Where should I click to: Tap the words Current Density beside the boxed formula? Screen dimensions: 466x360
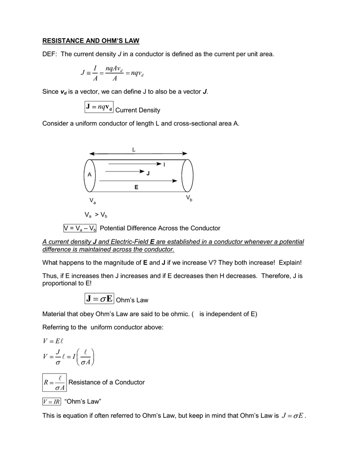tap(138, 110)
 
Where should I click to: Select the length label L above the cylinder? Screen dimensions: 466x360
tap(134, 150)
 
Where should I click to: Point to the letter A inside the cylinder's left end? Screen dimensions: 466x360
tap(90, 175)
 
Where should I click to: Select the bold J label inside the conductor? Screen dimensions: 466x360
tap(148, 173)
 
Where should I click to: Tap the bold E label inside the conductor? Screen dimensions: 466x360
tap(136, 187)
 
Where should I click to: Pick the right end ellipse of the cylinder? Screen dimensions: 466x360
tap(187, 176)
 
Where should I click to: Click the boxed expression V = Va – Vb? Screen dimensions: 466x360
tap(80, 228)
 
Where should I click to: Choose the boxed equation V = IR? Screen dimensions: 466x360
tap(51, 401)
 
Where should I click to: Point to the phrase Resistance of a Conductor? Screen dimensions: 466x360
tap(106, 382)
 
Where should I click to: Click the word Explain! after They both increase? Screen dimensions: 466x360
tap(290, 263)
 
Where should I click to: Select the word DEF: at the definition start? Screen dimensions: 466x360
tap(50, 55)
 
